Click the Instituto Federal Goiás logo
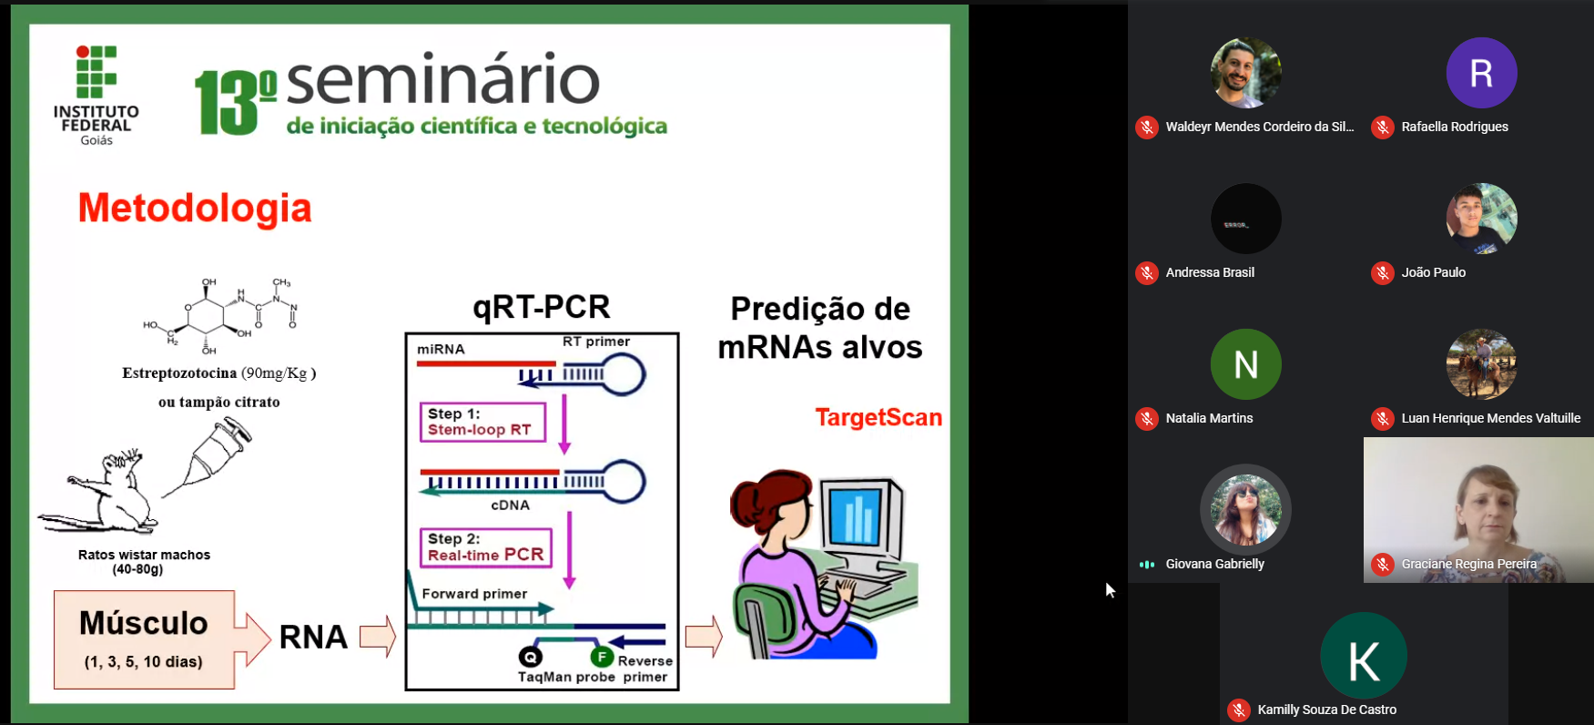(96, 95)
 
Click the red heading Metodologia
(195, 209)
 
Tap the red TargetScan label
(878, 417)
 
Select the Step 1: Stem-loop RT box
(482, 422)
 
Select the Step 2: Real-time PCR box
(485, 547)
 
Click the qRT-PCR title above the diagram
(541, 307)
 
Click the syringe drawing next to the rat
(213, 456)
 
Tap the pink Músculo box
(144, 639)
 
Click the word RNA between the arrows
(313, 637)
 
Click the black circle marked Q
(530, 657)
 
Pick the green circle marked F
(602, 657)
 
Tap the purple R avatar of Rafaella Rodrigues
(1481, 73)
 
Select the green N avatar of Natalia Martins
(1245, 364)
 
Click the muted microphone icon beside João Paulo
(1383, 272)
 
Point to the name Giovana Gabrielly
(1214, 564)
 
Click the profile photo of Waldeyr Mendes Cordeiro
(1245, 73)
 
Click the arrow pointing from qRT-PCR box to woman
(703, 636)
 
